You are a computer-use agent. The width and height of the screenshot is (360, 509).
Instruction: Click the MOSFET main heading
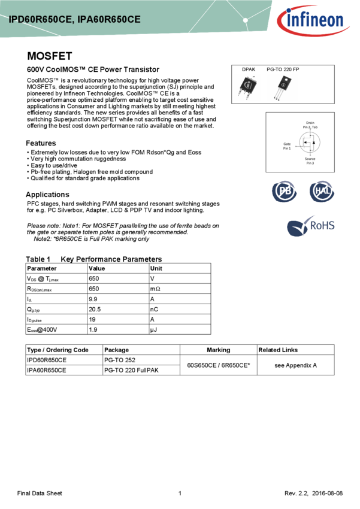(50, 56)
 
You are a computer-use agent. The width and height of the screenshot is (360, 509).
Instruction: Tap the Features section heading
(41, 144)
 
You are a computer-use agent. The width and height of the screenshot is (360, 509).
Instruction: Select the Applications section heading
(47, 195)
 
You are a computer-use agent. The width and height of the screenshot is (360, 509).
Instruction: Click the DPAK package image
(248, 87)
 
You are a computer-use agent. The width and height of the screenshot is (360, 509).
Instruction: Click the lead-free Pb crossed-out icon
(284, 192)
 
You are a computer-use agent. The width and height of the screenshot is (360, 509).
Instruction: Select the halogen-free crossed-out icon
(322, 192)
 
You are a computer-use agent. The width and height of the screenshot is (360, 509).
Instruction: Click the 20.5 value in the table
(95, 309)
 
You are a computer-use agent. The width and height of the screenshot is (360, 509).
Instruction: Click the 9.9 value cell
(93, 299)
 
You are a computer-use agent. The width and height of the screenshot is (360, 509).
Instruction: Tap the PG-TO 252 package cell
(120, 360)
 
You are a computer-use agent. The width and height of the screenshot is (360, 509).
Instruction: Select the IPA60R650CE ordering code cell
(47, 370)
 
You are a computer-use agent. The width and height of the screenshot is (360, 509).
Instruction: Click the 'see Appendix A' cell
(295, 365)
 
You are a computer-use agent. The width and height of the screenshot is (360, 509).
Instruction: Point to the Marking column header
(218, 350)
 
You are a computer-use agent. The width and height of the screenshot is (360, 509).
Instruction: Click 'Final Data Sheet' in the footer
(40, 493)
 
